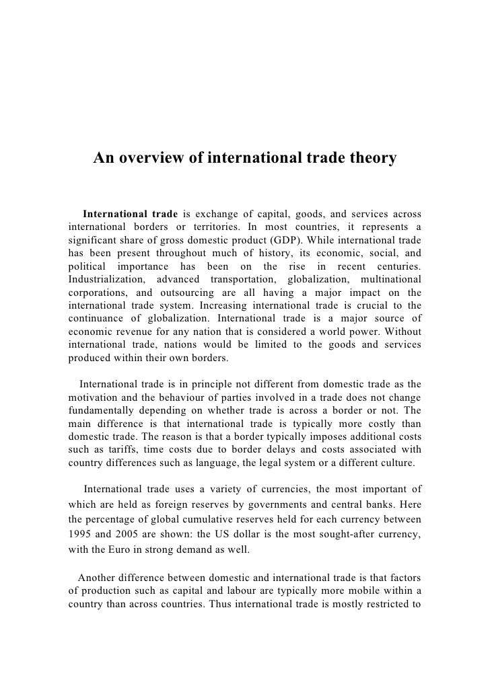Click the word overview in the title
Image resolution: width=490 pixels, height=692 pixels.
pyautogui.click(x=157, y=159)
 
